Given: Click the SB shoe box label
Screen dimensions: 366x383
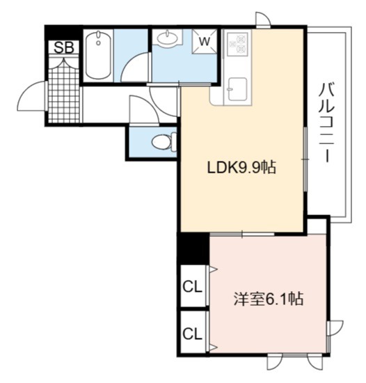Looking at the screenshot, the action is point(64,47).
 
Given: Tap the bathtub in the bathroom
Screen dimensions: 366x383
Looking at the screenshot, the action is point(98,55).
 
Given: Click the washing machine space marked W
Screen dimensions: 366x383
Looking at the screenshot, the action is point(205,42).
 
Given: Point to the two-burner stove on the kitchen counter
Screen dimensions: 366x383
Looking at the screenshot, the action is point(238,43).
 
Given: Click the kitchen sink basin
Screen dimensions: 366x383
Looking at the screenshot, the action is point(238,88).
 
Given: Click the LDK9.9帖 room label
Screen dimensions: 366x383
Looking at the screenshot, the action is point(241,168).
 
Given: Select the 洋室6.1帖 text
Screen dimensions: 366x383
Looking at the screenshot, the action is point(269,299).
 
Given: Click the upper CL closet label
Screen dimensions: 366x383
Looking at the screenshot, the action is point(193,287).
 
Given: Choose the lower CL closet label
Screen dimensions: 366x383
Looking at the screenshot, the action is point(193,334).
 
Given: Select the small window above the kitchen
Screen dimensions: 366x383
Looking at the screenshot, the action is point(263,19).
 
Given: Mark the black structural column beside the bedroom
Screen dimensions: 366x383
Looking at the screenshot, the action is point(193,248).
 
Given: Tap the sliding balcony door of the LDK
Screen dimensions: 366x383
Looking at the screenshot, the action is point(305,159).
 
